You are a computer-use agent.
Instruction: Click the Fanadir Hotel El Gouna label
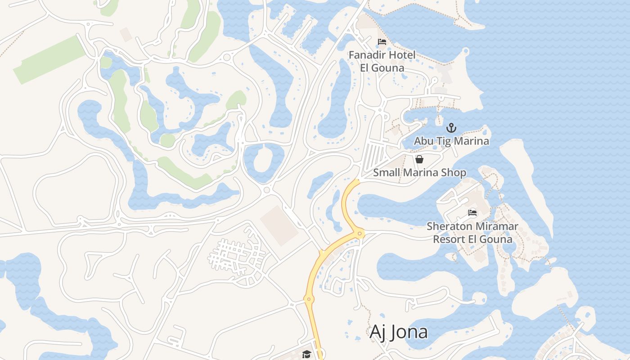[x=382, y=62]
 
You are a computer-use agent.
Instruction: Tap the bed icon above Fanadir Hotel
[x=382, y=42]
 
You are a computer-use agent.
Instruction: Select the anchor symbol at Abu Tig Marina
[x=451, y=128]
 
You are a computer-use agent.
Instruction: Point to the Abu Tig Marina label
[x=451, y=141]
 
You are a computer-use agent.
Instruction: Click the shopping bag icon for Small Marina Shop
[x=419, y=159]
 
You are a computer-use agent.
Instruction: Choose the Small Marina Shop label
[x=419, y=172]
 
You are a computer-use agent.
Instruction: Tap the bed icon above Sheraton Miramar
[x=472, y=212]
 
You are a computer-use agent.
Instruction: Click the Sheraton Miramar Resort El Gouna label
[x=472, y=232]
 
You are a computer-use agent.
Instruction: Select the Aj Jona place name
[x=398, y=332]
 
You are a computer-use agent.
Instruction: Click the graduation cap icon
[x=306, y=354]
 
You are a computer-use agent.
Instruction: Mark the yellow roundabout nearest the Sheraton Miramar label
[x=359, y=233]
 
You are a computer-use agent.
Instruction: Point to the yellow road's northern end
[x=358, y=180]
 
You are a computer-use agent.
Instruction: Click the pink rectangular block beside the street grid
[x=279, y=226]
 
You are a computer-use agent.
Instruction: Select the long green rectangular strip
[x=49, y=60]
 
